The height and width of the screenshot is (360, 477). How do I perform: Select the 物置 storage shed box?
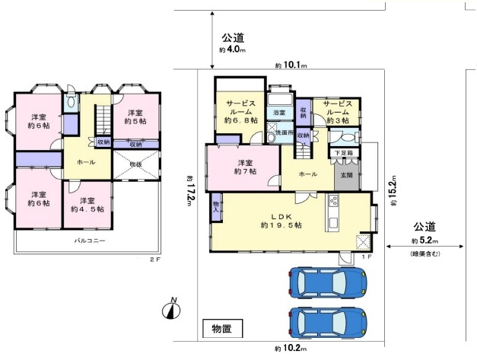point(222,330)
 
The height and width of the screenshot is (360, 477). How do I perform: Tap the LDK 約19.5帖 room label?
point(281,220)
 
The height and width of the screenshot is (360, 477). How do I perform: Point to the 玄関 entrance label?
point(345,174)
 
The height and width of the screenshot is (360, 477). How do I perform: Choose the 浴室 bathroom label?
point(280,113)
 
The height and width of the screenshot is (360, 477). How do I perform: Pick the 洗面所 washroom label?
point(284,132)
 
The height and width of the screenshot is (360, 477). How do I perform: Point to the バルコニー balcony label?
point(89,241)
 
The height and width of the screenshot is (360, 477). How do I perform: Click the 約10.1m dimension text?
point(291,65)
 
